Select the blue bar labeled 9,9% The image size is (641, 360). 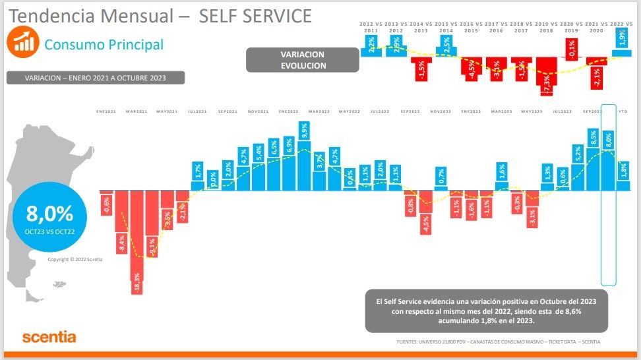tap(304, 156)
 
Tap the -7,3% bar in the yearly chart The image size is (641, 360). tap(546, 75)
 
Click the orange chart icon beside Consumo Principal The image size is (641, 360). tap(21, 42)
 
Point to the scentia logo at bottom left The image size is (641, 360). tap(49, 337)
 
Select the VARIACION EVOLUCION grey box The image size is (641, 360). tap(303, 59)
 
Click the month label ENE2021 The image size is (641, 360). tap(106, 112)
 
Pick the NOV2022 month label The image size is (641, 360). tap(440, 112)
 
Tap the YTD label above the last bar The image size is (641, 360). tap(623, 112)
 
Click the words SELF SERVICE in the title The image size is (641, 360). tap(255, 16)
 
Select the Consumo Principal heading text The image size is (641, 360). tap(104, 45)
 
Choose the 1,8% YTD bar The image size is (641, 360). tap(623, 176)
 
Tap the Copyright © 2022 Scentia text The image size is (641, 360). tap(75, 259)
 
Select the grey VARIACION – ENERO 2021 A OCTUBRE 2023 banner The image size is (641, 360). tap(95, 78)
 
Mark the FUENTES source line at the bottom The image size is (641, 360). tap(498, 342)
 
